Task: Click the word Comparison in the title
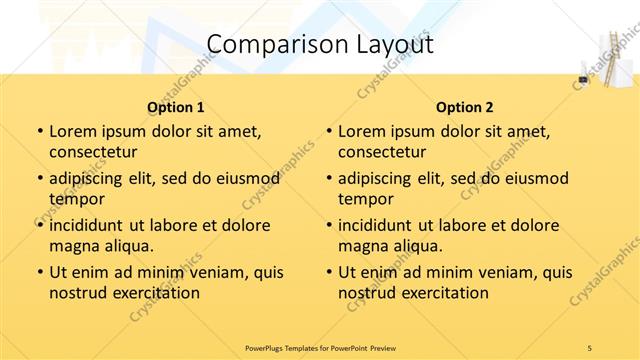point(266,45)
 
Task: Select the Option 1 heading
point(176,107)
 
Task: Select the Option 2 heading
point(465,107)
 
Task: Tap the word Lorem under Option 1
point(75,131)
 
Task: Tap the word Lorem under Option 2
point(364,131)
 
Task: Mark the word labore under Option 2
point(462,225)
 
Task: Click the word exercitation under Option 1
point(155,293)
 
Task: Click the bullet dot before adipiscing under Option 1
point(39,179)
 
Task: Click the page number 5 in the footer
point(590,347)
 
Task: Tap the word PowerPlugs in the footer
point(268,347)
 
